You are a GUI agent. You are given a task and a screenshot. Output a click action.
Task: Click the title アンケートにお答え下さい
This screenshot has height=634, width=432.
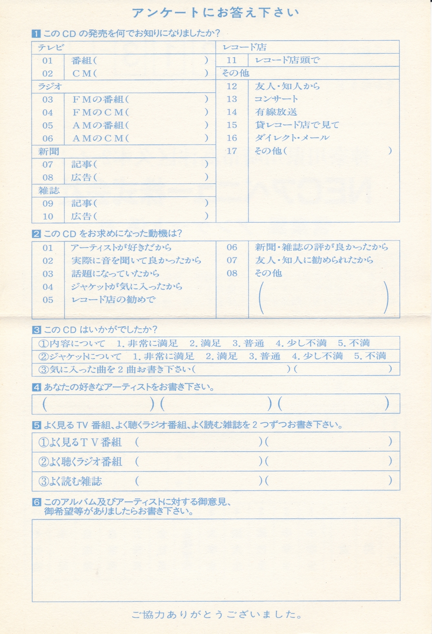pos(216,13)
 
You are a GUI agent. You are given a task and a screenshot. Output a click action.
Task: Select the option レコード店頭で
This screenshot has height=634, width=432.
pos(287,60)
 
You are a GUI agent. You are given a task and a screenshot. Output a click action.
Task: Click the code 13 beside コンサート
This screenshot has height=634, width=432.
pos(231,99)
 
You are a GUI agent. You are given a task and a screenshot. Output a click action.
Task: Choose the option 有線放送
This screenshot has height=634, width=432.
pos(276,112)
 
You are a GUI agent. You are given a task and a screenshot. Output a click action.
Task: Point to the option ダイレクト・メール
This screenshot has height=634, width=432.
pos(292,138)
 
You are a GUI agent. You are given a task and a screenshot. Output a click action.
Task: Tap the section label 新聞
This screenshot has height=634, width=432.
pos(48,152)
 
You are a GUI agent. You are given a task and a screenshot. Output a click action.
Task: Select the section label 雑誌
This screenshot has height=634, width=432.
pos(48,190)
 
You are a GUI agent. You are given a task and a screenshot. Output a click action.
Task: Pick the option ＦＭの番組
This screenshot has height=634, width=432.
pos(100,99)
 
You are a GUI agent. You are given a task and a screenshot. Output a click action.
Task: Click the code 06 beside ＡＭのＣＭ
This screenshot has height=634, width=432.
pos(48,139)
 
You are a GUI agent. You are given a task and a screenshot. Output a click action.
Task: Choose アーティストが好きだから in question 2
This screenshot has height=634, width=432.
pos(121,247)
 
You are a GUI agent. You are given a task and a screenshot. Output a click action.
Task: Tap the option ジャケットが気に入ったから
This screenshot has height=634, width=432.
pos(126,287)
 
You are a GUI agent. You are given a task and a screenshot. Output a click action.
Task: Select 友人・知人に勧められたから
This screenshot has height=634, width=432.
pos(314,260)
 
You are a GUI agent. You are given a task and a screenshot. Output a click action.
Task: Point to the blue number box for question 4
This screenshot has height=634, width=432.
pos(36,387)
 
